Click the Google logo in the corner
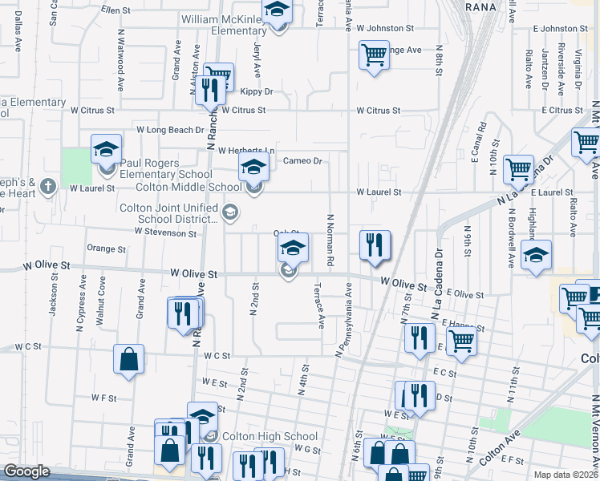[26, 471]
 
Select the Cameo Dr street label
[303, 161]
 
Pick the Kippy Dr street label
[257, 92]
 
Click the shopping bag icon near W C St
[128, 361]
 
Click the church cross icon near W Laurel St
[47, 187]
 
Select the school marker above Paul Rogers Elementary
[106, 149]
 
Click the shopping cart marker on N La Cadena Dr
[518, 170]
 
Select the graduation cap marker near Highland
[536, 256]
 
